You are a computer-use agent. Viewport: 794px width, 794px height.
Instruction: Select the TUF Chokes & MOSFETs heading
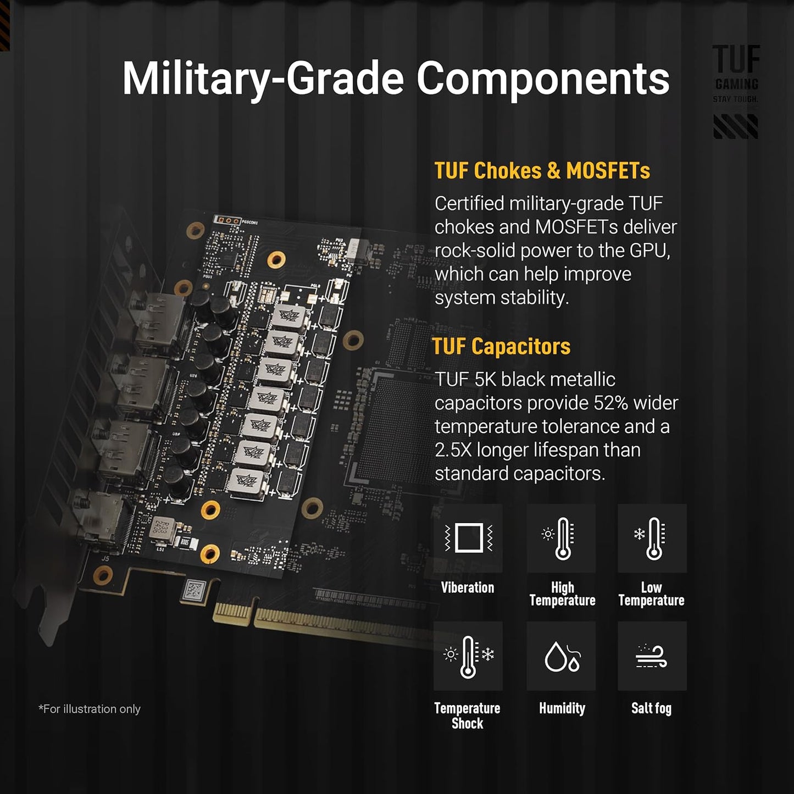(542, 171)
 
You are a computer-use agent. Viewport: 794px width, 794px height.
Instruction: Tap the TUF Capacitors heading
(501, 347)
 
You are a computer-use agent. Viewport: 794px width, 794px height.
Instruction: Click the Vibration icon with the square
(468, 538)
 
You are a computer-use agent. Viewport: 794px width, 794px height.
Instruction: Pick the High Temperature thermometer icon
(561, 538)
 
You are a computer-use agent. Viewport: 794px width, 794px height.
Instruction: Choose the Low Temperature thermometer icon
(652, 538)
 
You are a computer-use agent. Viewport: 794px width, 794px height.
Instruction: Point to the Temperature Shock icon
(468, 656)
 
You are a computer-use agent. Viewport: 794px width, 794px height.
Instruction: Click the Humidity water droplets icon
(561, 656)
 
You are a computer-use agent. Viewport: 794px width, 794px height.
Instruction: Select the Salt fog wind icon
(652, 656)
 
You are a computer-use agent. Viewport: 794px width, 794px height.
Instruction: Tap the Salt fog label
(651, 708)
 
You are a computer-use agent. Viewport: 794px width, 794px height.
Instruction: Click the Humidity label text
(562, 708)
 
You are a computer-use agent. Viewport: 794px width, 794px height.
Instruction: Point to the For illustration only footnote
(90, 709)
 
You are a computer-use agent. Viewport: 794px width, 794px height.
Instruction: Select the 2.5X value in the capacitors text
(453, 450)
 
